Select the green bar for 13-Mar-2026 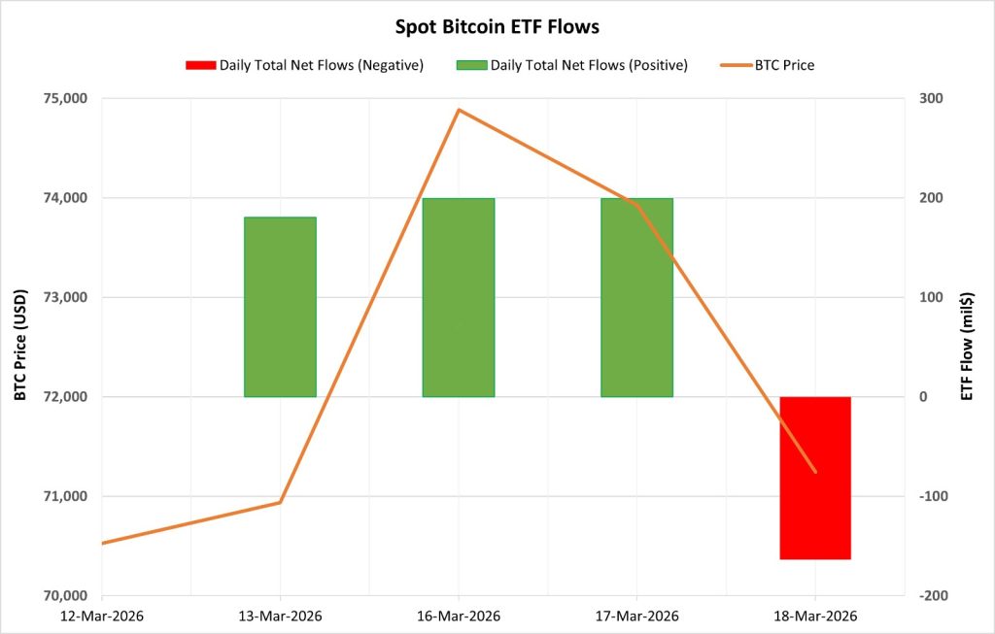280,307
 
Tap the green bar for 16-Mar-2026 458,297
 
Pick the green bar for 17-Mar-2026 636,297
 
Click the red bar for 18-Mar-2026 814,478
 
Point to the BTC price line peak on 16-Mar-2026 459,110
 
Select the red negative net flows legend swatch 202,65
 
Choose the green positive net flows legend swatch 471,65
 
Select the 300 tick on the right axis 919,99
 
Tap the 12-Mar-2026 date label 102,616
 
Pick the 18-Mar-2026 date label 814,616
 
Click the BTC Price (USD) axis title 19,347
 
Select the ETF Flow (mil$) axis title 967,347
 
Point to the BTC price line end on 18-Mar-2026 814,472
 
